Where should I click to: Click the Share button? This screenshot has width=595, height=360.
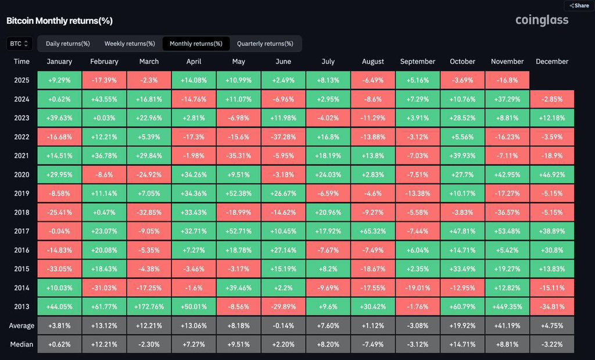click(579, 5)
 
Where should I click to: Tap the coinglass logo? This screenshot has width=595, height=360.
click(542, 20)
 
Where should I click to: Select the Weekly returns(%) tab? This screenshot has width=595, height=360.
click(130, 44)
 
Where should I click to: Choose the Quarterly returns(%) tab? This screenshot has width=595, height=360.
click(265, 44)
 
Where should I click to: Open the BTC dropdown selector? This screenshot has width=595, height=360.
click(19, 44)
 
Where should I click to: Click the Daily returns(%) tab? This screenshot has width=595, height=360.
click(68, 44)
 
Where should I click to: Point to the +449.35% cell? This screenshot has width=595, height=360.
click(507, 306)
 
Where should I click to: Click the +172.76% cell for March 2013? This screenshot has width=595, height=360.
click(149, 306)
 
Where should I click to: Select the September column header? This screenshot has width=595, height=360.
click(417, 62)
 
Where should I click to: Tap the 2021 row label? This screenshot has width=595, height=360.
click(21, 156)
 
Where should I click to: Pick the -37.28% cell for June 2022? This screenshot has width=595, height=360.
click(283, 137)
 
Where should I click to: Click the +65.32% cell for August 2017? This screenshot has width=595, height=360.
click(372, 231)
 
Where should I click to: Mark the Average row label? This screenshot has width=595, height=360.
click(21, 325)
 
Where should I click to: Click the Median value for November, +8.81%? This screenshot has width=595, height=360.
click(507, 344)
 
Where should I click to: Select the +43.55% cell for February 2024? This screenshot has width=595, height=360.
click(104, 99)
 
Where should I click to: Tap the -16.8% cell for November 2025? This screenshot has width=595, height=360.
click(507, 80)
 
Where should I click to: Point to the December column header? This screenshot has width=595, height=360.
click(552, 62)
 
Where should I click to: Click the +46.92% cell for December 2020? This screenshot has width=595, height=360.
click(552, 175)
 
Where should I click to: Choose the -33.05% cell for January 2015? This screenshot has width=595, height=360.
click(59, 269)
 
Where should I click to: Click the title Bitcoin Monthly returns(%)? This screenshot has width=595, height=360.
click(59, 21)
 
